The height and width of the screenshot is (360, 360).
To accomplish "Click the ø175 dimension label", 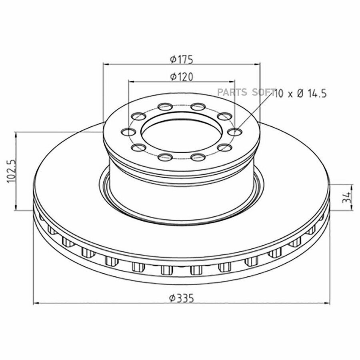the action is coord(181,60).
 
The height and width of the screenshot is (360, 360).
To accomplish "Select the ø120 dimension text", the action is coord(181,77).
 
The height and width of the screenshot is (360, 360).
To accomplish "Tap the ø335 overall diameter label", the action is coord(181,298).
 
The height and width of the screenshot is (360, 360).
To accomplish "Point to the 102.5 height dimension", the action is coord(12,171).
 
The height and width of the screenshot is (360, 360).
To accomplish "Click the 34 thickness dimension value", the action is coord(346,198).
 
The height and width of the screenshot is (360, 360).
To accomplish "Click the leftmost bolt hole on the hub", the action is coord(128,132).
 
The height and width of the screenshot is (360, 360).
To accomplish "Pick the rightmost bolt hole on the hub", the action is coord(235,132).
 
